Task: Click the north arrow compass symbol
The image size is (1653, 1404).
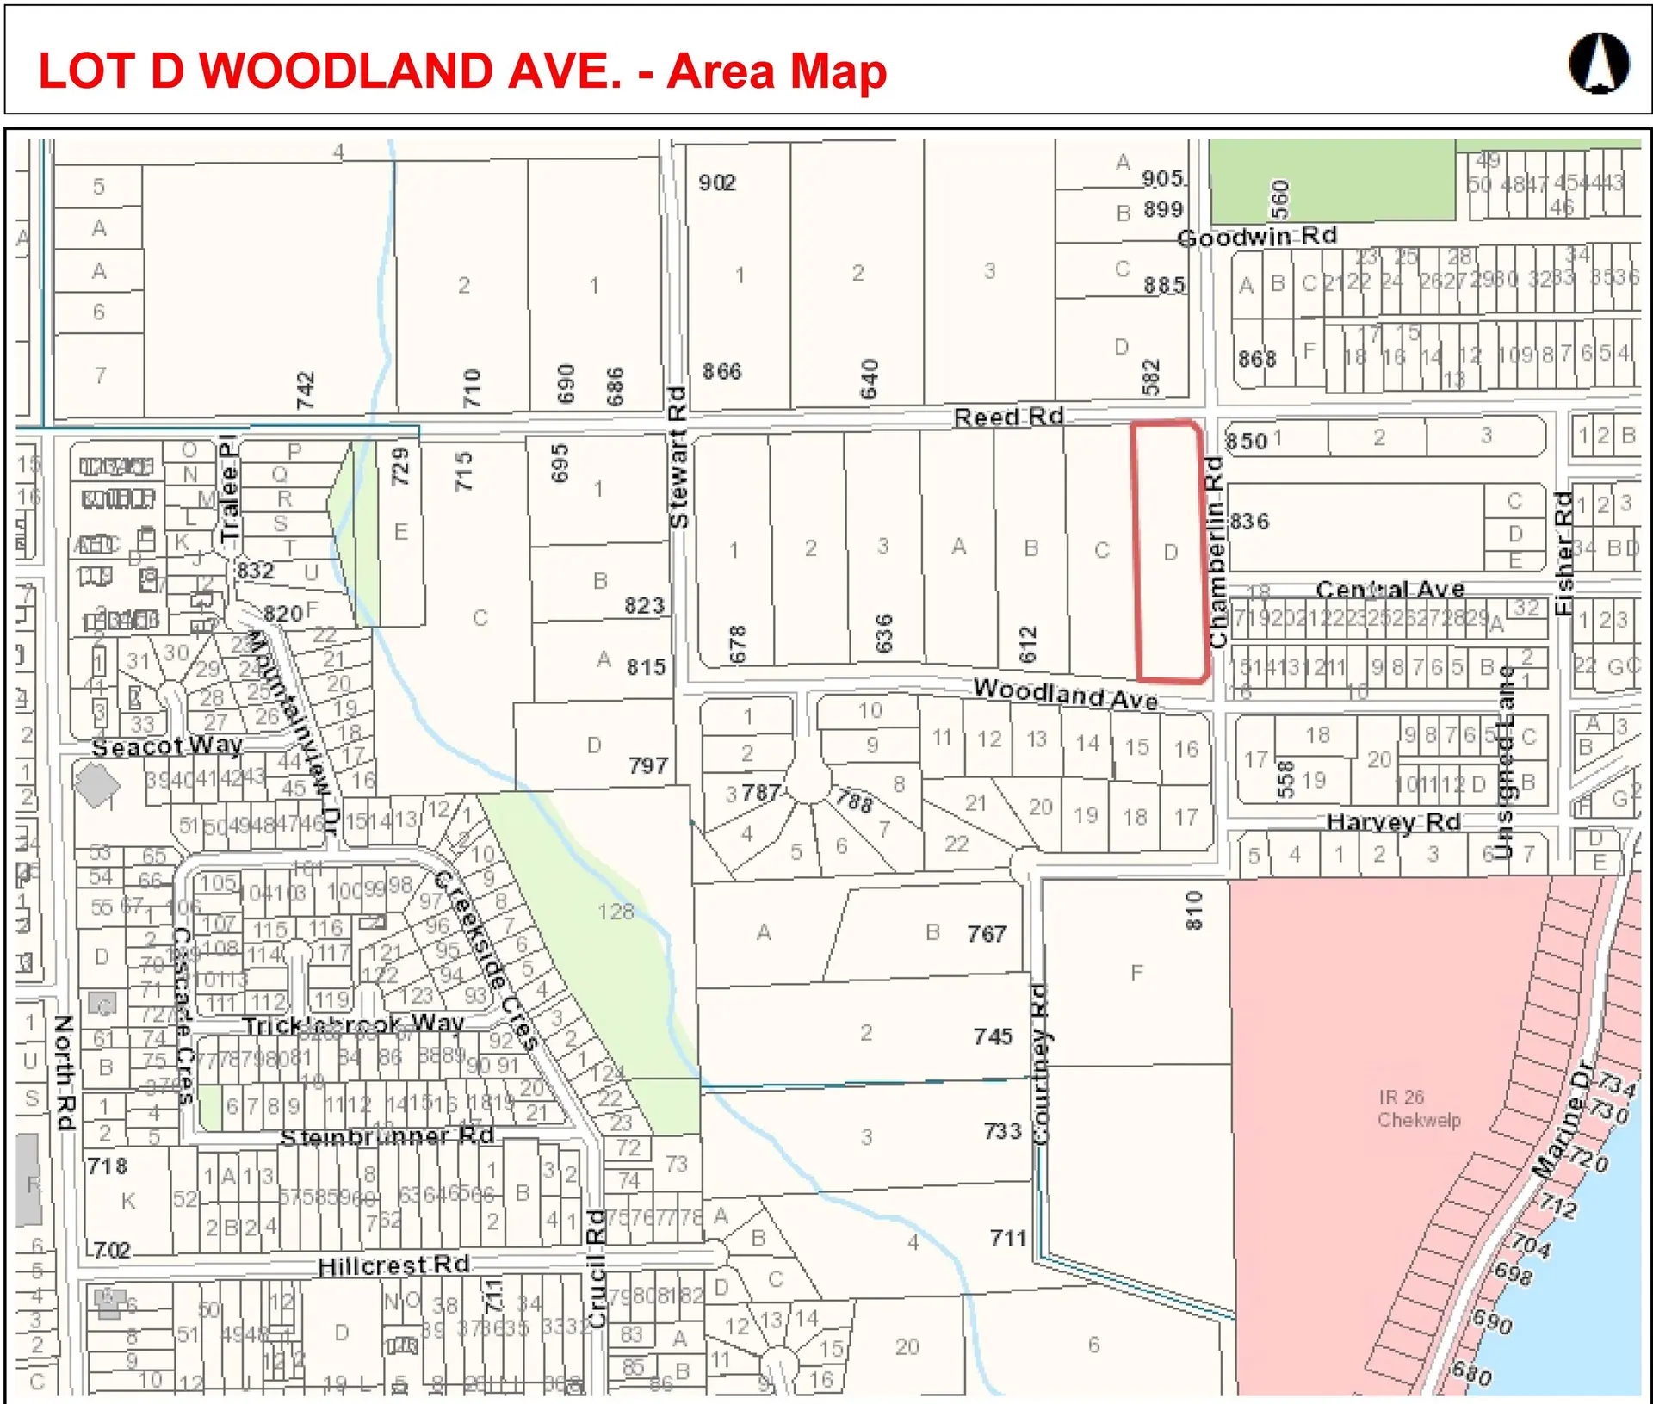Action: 1599,63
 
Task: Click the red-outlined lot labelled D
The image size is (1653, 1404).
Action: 1169,552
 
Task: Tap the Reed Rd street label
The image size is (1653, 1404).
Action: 1008,417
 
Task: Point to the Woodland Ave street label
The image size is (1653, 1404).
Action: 1065,693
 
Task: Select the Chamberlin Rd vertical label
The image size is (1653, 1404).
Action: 1216,552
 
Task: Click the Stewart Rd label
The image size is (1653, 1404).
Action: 678,457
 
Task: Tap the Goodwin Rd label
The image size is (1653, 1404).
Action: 1256,237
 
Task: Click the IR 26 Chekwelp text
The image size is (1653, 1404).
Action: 1418,1109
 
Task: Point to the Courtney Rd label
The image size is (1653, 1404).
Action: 1040,1064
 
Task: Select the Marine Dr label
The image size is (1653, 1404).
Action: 1563,1120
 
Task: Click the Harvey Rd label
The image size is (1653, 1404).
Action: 1393,822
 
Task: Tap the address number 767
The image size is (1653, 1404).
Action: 987,934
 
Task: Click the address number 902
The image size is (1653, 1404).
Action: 717,182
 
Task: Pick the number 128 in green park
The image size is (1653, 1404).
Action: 616,912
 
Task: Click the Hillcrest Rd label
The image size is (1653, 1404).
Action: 393,1265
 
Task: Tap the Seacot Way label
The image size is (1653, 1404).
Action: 167,746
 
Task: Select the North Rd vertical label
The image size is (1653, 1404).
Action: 65,1072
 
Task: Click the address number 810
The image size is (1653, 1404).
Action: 1193,911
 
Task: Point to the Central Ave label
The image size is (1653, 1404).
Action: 1390,590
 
